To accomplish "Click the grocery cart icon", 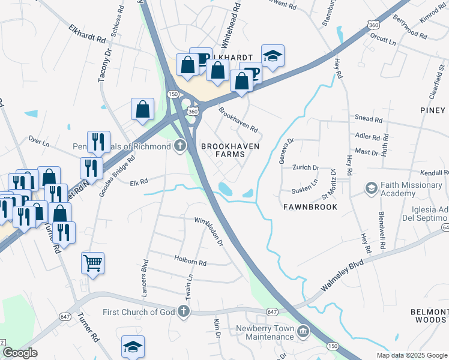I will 92,262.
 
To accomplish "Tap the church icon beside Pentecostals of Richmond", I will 179,146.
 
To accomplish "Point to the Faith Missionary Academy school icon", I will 371,189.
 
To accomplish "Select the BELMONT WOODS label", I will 429,316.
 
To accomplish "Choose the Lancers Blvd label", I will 144,275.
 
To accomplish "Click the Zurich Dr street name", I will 306,167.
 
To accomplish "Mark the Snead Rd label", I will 369,119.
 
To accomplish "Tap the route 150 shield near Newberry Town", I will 332,346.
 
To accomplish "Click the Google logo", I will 19,353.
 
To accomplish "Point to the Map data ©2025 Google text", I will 412,355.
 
